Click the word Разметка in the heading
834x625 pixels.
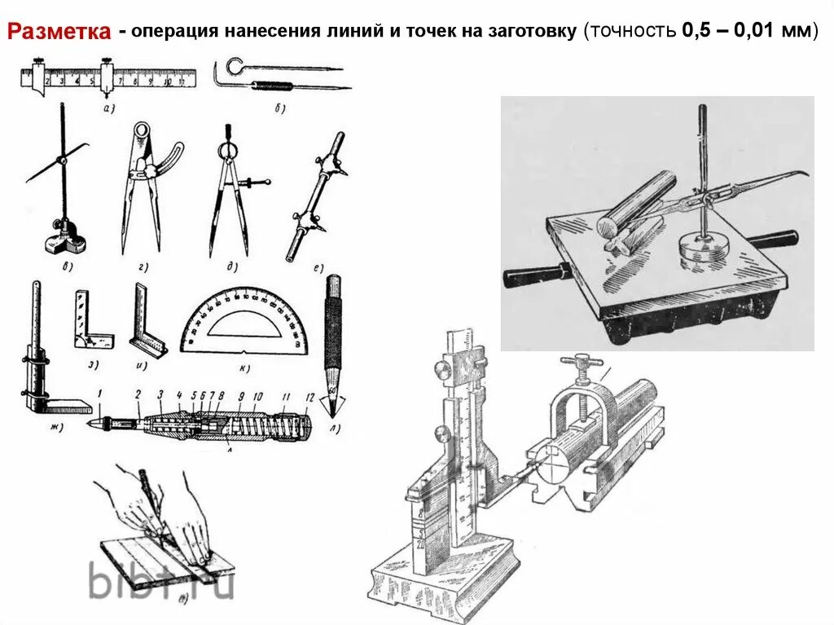coord(59,33)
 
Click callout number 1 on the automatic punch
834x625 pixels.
coord(99,395)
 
